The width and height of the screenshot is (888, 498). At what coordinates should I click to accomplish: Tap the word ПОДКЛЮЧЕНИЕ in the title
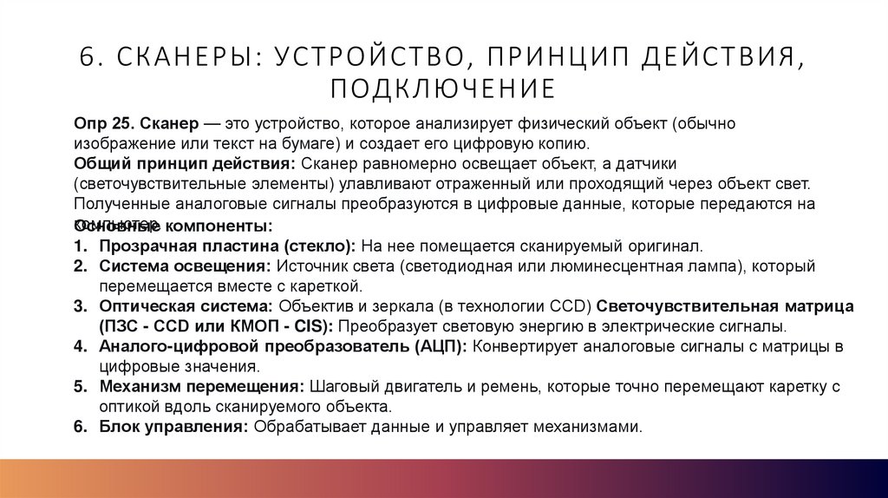(443, 88)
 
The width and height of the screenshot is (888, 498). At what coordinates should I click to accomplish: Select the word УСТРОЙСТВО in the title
(367, 56)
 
